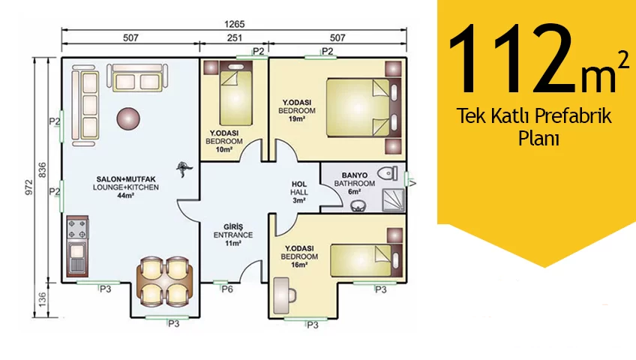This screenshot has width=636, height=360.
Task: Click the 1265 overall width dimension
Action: (x=235, y=24)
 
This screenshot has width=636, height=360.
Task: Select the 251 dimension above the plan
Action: (x=235, y=37)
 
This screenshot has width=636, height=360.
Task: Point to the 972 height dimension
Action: (x=29, y=187)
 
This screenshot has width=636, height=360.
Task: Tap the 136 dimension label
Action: (x=42, y=299)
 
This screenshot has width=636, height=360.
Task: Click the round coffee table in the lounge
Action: (x=128, y=118)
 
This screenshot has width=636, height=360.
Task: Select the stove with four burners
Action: (x=77, y=229)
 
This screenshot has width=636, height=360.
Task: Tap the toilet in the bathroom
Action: (x=388, y=173)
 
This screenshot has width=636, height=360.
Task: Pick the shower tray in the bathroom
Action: (x=394, y=200)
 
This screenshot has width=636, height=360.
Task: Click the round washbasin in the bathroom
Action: (x=357, y=206)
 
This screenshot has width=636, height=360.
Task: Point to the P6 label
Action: (x=227, y=289)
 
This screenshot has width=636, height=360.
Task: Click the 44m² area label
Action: (x=126, y=196)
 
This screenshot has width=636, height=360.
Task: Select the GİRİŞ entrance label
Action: (x=233, y=226)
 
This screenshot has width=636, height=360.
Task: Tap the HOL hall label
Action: (x=299, y=184)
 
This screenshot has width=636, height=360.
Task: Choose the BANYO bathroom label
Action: (x=355, y=175)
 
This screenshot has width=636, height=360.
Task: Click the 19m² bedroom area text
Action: (x=297, y=118)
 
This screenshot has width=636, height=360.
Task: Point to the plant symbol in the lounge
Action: (x=184, y=169)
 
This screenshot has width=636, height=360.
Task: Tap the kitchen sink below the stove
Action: (x=77, y=258)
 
